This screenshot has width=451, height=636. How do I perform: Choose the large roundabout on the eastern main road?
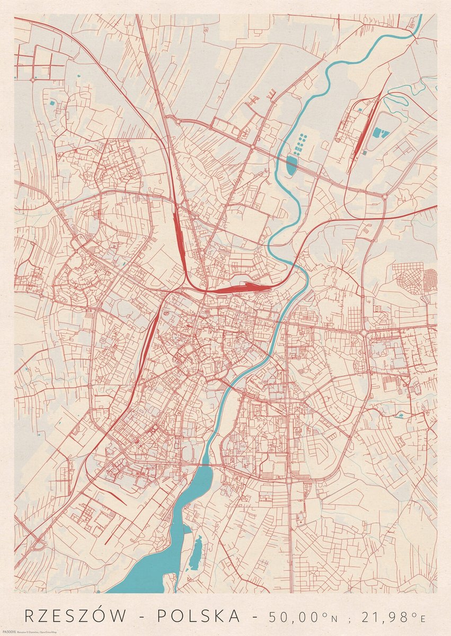364,332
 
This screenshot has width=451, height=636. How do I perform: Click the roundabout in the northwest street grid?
33,79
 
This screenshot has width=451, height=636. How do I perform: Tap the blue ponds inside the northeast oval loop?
379,132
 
